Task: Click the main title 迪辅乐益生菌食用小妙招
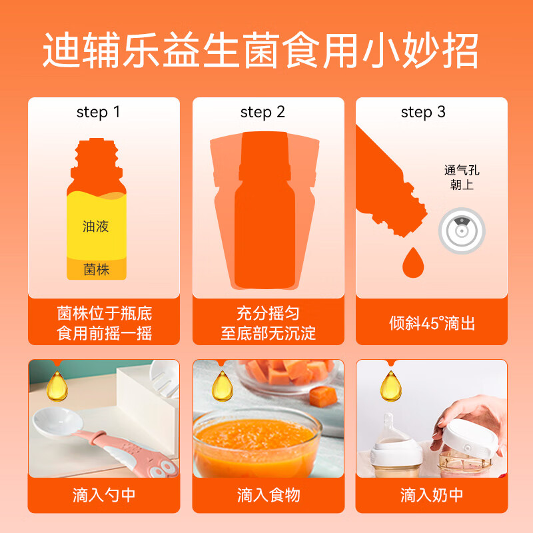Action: click(261, 51)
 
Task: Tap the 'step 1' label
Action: click(98, 112)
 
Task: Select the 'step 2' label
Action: click(263, 112)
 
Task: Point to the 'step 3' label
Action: click(423, 112)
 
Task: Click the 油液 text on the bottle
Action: click(96, 227)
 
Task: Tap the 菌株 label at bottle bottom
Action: click(96, 270)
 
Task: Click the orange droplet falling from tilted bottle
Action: click(413, 264)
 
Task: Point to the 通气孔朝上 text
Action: click(462, 177)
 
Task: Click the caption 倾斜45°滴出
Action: click(432, 323)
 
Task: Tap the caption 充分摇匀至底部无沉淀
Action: click(268, 323)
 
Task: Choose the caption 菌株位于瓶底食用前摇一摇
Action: click(104, 323)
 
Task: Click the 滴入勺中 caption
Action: click(104, 495)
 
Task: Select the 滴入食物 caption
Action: click(268, 495)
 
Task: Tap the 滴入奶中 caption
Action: click(432, 495)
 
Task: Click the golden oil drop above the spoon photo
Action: click(57, 386)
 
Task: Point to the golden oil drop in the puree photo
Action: click(222, 386)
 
